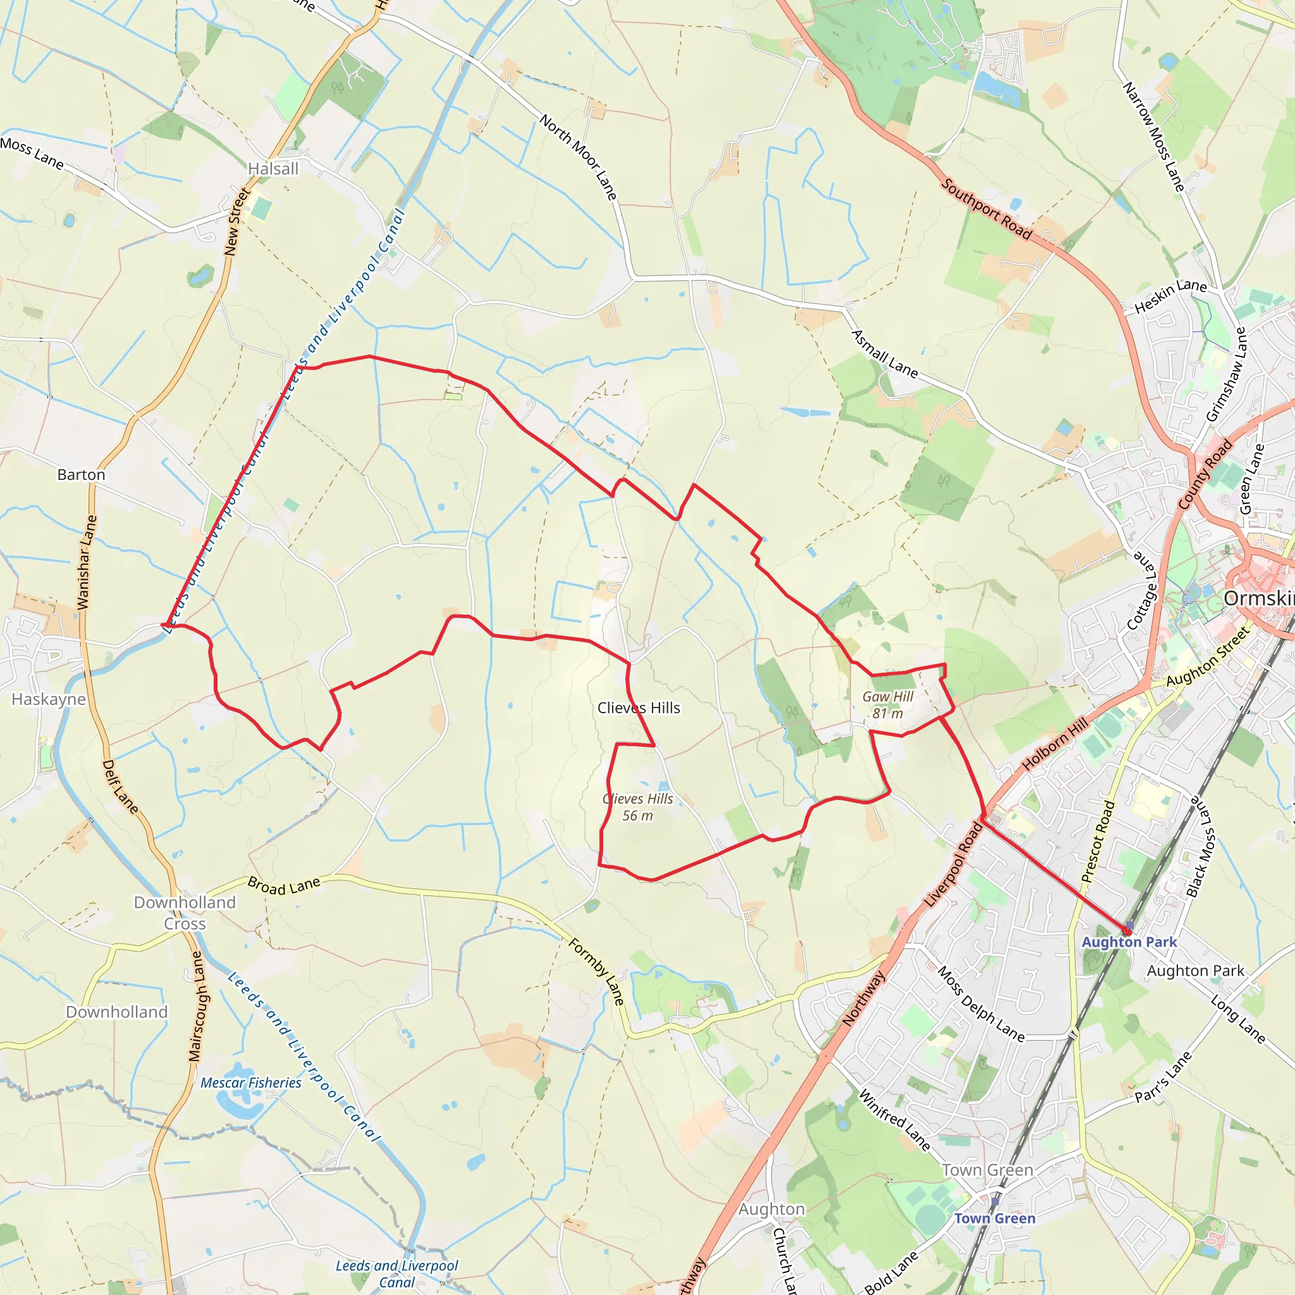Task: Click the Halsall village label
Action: tap(273, 169)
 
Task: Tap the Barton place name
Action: tap(81, 475)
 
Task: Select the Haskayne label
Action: tap(49, 699)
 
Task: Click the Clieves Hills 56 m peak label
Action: tap(637, 807)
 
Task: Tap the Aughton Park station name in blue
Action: tap(1129, 942)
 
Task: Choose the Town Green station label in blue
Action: tap(995, 1218)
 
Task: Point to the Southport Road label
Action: tap(986, 209)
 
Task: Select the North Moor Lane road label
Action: tap(578, 157)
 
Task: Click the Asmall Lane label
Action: tap(884, 353)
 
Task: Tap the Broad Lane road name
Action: tap(284, 886)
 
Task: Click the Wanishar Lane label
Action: tap(87, 562)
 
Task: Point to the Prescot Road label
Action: tap(1097, 842)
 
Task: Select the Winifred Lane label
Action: tap(895, 1120)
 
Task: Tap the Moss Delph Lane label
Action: tap(981, 1004)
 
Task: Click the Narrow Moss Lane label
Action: tap(1154, 137)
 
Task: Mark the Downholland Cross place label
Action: tap(185, 913)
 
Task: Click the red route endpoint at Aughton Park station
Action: tap(1127, 931)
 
